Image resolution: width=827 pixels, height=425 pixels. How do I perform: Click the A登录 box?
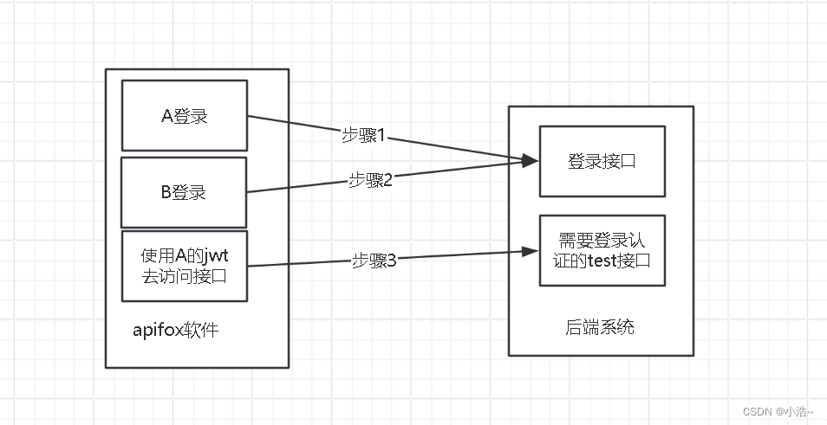coord(185,115)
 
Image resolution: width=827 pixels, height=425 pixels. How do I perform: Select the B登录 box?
coord(184,191)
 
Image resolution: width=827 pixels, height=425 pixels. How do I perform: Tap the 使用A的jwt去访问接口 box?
coord(185,266)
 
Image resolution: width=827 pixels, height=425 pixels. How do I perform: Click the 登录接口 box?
coord(602,161)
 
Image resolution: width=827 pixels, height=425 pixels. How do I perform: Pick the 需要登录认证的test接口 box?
coord(602,251)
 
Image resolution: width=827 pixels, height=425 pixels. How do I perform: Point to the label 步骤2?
coord(371,180)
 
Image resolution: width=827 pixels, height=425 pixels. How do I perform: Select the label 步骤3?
coord(374,260)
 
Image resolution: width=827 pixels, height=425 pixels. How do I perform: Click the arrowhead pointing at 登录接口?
coord(530,161)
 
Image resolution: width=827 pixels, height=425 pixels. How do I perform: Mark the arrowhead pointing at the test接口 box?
coord(530,251)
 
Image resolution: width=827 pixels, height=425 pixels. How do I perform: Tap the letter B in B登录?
coord(166,192)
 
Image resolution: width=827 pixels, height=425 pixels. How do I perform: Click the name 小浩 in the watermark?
coord(796,411)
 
